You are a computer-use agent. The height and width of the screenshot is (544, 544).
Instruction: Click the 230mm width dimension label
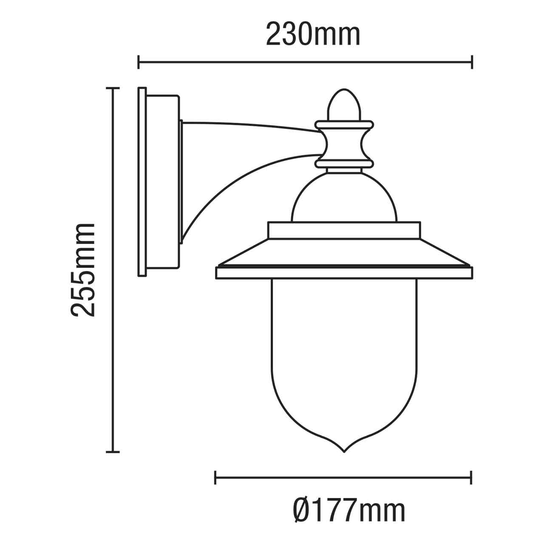[313, 34]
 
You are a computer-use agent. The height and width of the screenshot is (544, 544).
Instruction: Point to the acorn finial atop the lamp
[344, 105]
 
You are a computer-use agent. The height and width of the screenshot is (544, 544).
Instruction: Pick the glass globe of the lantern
[344, 357]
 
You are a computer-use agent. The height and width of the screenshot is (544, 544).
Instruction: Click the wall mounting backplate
[142, 182]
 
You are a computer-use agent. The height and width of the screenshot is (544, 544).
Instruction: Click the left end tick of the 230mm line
[139, 62]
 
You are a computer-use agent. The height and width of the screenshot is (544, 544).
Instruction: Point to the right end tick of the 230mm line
[472, 62]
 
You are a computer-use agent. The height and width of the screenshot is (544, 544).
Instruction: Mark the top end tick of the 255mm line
[112, 88]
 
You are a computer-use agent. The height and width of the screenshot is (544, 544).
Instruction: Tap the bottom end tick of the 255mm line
[112, 452]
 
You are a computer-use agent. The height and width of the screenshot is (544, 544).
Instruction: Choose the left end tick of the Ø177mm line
[215, 477]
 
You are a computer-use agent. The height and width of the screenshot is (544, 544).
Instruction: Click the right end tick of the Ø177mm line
[471, 477]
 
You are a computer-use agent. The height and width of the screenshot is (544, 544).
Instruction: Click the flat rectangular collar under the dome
[344, 230]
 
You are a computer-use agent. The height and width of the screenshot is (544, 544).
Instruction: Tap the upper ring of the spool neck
[344, 125]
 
